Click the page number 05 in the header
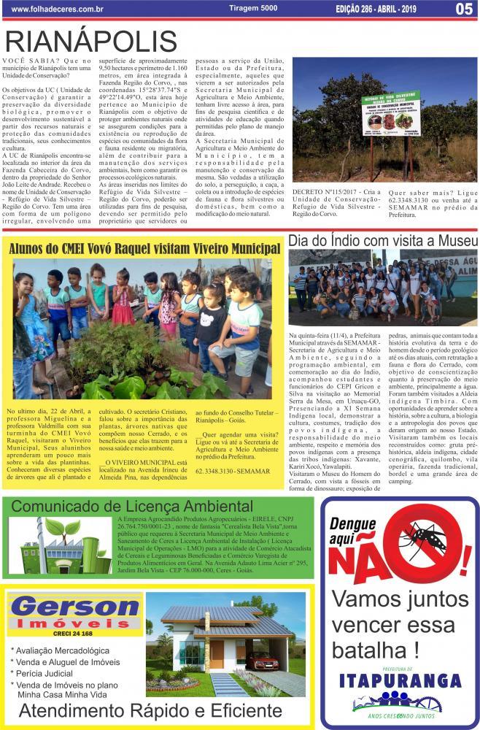(x=464, y=9)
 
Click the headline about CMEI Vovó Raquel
(x=144, y=248)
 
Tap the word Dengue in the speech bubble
(x=352, y=523)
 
